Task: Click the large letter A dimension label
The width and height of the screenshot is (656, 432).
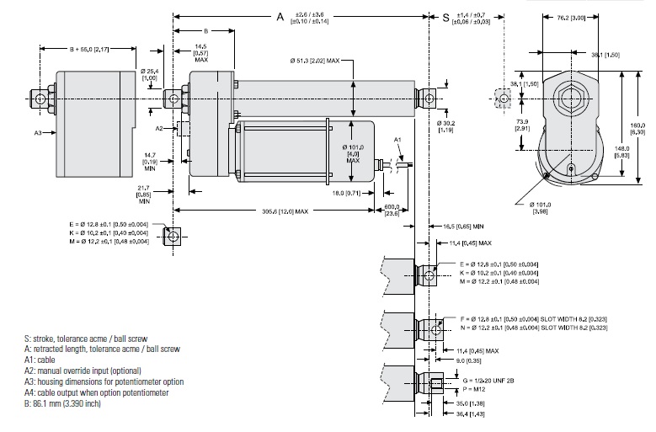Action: click(281, 16)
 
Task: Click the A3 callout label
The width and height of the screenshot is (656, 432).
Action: click(38, 132)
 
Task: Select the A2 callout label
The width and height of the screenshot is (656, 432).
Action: click(159, 128)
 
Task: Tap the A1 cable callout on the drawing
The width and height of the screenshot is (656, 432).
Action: click(398, 138)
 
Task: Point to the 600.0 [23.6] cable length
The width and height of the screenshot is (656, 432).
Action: click(391, 211)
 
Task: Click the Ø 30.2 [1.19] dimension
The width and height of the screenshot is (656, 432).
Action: click(446, 126)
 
